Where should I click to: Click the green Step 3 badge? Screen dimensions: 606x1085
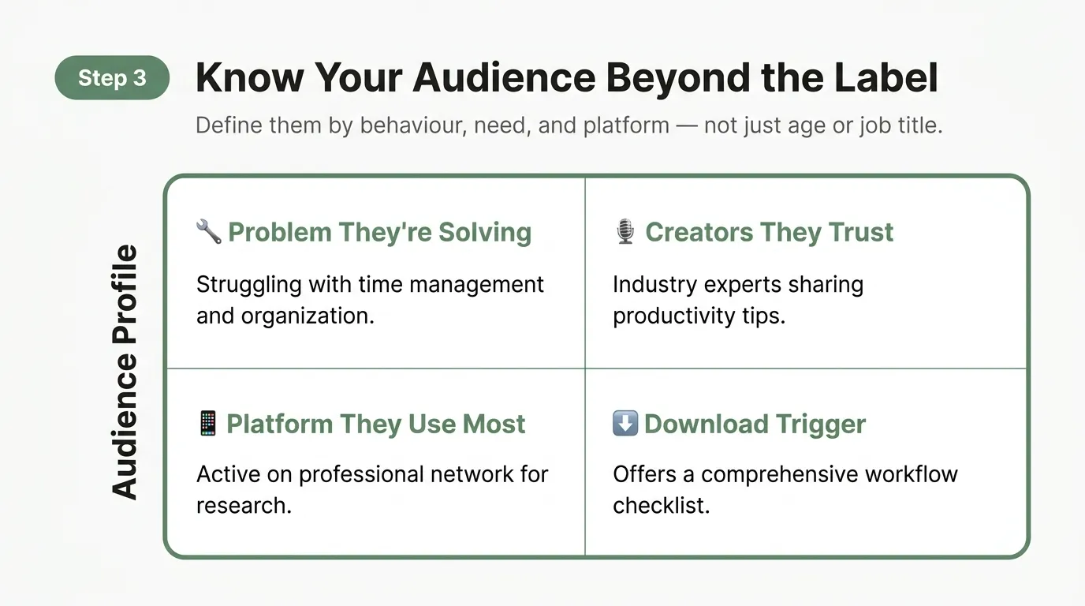(x=112, y=77)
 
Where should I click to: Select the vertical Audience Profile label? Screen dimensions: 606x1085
(x=125, y=372)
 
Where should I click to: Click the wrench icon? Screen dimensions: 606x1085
(x=208, y=232)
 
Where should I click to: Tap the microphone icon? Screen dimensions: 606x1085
(x=625, y=232)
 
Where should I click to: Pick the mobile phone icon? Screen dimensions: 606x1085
(x=207, y=424)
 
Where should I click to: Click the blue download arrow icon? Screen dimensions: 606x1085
(x=625, y=424)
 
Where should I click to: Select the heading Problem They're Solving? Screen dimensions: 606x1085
(x=379, y=232)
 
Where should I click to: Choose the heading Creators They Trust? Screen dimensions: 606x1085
(x=769, y=232)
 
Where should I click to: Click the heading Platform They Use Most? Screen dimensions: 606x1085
(x=375, y=424)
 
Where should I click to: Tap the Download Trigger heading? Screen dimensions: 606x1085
(x=755, y=424)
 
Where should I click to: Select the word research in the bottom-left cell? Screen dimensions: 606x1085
(x=244, y=506)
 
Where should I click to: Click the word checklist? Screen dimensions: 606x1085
(x=661, y=506)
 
